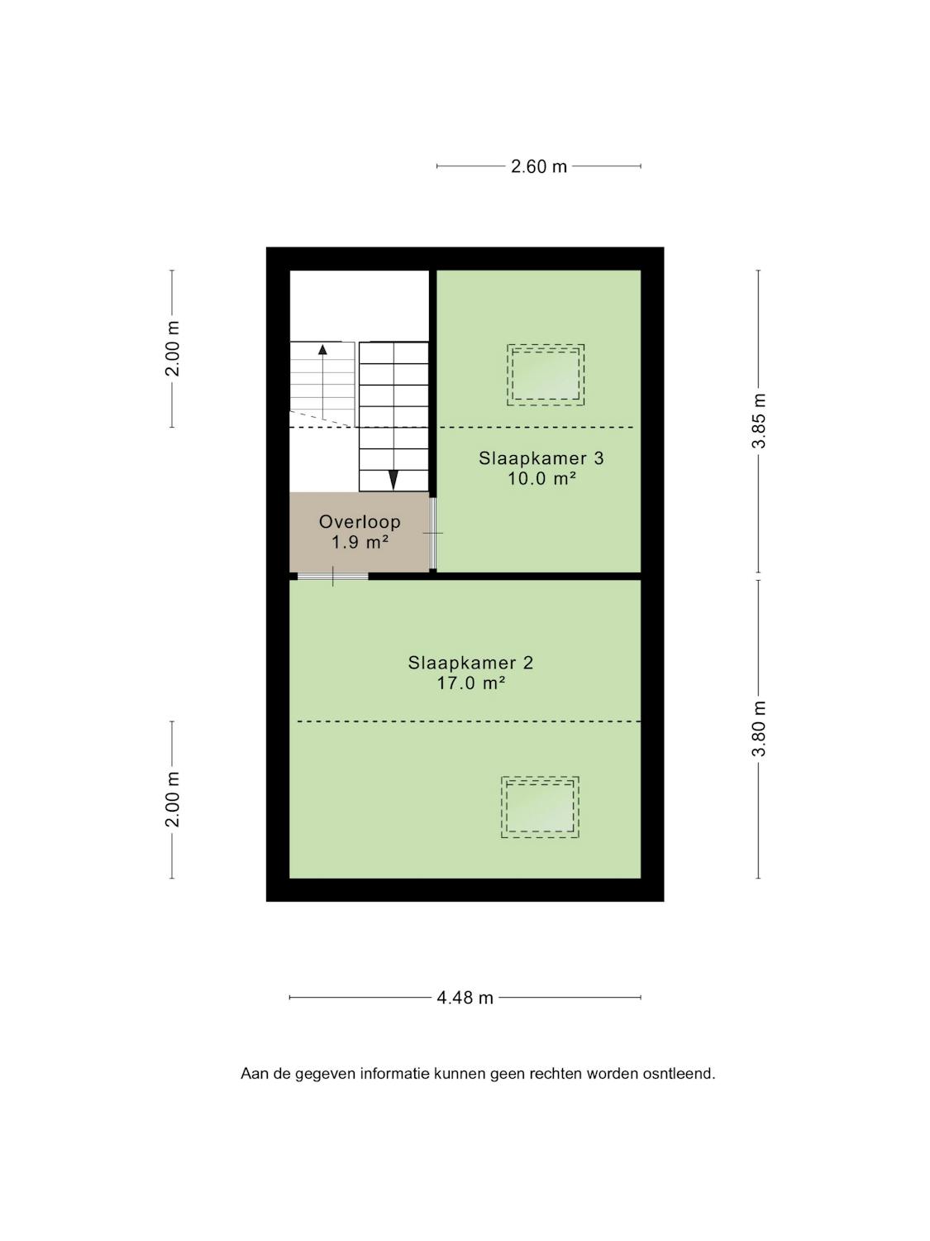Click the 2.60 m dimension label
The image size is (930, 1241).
tap(538, 167)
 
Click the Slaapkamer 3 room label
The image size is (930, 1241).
tap(541, 458)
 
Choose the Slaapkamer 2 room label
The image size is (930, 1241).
tap(470, 663)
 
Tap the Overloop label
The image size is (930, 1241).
tap(360, 522)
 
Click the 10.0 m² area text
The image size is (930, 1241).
tap(541, 479)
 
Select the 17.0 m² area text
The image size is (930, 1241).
tap(470, 683)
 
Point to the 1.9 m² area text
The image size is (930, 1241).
tap(360, 543)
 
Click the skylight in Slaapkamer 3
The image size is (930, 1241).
tap(546, 374)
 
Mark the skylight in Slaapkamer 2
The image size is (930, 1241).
tap(540, 807)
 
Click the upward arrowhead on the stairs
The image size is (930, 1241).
tap(322, 349)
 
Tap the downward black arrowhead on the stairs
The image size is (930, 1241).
tap(393, 480)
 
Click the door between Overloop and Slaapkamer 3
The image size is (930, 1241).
tap(433, 533)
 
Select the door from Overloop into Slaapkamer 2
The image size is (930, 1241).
tap(332, 576)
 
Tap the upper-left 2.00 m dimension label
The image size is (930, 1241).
tap(172, 348)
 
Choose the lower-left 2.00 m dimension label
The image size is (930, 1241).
tap(172, 799)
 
